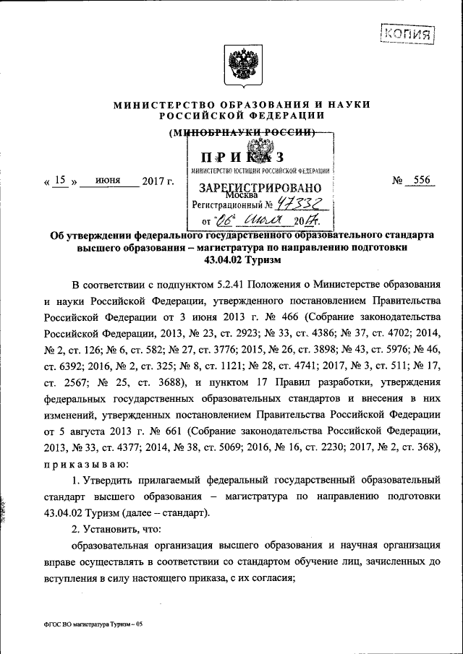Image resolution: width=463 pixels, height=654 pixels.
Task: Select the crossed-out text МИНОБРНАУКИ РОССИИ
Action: click(x=241, y=132)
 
